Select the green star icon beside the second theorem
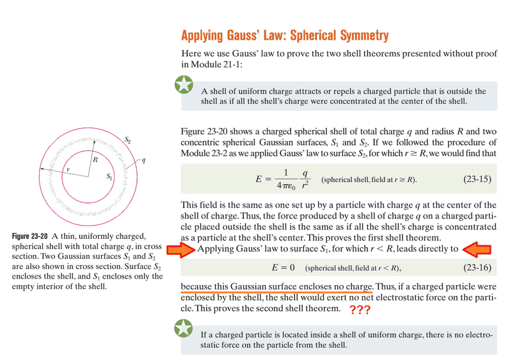point(184,329)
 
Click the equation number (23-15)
point(477,179)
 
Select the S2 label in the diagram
point(127,139)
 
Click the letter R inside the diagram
point(95,159)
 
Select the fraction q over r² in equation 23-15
point(306,179)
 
